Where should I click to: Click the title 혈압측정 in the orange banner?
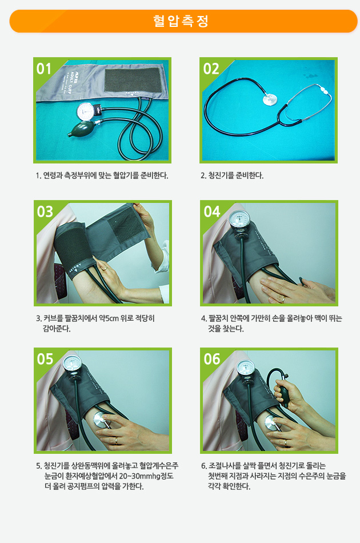pos(181,21)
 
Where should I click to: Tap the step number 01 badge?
pos(44,69)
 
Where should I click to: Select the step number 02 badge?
pos(211,69)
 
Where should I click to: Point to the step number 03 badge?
pos(45,211)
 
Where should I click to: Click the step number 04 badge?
pos(212,211)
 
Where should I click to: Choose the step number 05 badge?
pos(45,359)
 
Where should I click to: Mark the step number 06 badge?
pos(212,359)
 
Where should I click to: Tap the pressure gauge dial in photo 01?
pos(86,111)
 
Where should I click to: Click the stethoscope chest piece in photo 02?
pos(270,99)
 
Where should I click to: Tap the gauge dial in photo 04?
pos(239,219)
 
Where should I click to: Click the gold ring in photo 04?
pos(283,299)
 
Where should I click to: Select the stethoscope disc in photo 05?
pos(100,420)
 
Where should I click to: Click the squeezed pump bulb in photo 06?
pos(285,396)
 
